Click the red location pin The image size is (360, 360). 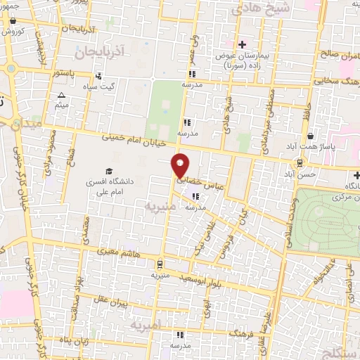pyautogui.click(x=181, y=165)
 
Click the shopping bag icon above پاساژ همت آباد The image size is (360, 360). pyautogui.click(x=310, y=137)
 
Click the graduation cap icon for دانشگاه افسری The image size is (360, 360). pyautogui.click(x=108, y=172)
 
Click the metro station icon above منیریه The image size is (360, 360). pyautogui.click(x=160, y=264)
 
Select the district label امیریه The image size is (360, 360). pyautogui.click(x=146, y=326)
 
